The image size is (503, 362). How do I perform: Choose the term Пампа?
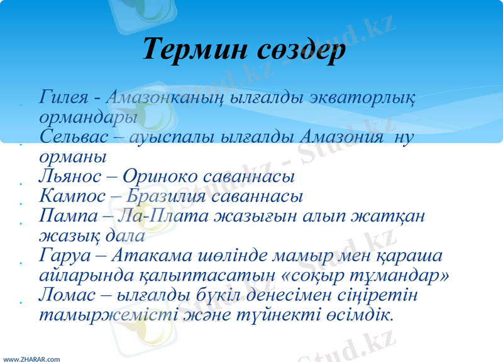(x=65, y=216)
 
